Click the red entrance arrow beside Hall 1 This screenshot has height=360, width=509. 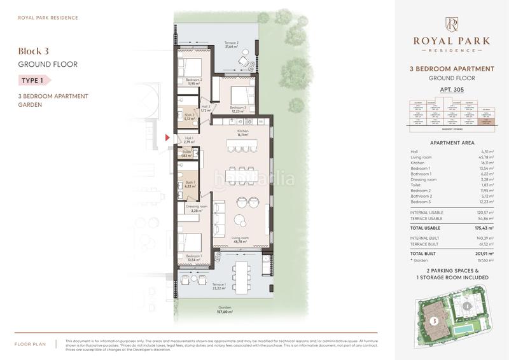pos(167,137)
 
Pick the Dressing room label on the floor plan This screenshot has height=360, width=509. pos(197,207)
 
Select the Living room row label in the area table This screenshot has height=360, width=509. pos(422,157)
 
